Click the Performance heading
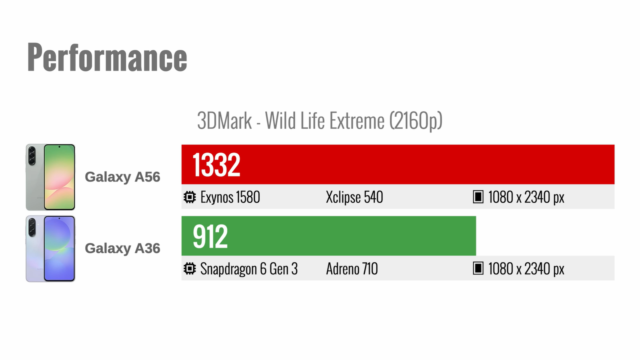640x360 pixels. pyautogui.click(x=107, y=57)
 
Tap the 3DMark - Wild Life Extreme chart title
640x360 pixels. pyautogui.click(x=320, y=120)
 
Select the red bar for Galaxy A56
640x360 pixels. pyautogui.click(x=398, y=164)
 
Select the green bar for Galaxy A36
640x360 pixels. pyautogui.click(x=328, y=236)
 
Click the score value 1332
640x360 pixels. pyautogui.click(x=216, y=164)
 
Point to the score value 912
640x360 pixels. pyautogui.click(x=210, y=236)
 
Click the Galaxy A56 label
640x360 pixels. pyautogui.click(x=122, y=177)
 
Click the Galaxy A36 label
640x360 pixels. pyautogui.click(x=122, y=248)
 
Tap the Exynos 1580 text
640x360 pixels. pyautogui.click(x=230, y=197)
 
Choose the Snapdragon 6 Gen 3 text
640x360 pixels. pyautogui.click(x=249, y=269)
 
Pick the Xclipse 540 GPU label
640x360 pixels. pyautogui.click(x=354, y=197)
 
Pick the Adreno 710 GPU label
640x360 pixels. pyautogui.click(x=352, y=268)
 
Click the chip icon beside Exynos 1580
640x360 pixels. pyautogui.click(x=190, y=197)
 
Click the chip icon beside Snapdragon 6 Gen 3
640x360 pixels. pyautogui.click(x=190, y=268)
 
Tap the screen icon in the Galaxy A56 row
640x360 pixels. pyautogui.click(x=478, y=197)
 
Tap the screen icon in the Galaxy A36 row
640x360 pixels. pyautogui.click(x=478, y=268)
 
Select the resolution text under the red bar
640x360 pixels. pyautogui.click(x=526, y=197)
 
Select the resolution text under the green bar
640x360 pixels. pyautogui.click(x=526, y=268)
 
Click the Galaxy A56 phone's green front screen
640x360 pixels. pyautogui.click(x=60, y=177)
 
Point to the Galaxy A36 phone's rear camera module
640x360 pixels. pyautogui.click(x=32, y=228)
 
